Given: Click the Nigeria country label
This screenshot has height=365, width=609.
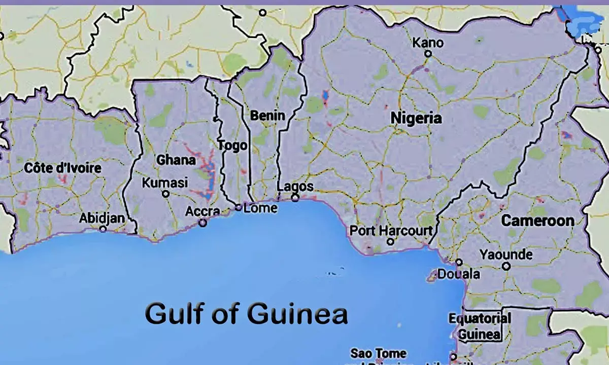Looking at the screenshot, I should coord(416,119).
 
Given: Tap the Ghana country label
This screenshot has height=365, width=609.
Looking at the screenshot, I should coord(176,160).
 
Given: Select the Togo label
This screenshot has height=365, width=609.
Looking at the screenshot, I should coord(233,146).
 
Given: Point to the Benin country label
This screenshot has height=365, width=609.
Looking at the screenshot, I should coord(267,116).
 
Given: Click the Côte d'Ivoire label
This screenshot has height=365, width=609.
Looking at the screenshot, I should coord(63,168).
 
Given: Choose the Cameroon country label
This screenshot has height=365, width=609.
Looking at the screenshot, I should coord(538,221).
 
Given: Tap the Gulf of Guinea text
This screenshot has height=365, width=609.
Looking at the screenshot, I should coord(247,314).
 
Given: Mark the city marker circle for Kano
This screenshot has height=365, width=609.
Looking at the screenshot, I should coord(428,54).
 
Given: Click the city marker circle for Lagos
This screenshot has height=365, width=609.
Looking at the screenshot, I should coord(295,198).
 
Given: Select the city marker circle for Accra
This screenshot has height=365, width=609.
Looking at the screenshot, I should coord(202,223).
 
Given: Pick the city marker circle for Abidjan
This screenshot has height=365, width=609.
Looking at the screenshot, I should coord(103,229).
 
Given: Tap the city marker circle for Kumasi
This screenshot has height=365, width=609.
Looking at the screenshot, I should coord(165,194).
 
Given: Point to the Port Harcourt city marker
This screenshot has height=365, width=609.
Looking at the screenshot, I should coord(390,242).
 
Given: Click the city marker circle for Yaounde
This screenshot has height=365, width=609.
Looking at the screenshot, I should coord(506,266).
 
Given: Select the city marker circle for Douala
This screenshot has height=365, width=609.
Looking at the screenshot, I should coord(459,263).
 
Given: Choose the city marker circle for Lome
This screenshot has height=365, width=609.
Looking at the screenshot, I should coord(239,207).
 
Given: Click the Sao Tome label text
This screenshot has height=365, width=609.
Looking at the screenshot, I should coord(378,353).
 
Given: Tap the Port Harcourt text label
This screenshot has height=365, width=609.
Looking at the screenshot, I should coord(391,231).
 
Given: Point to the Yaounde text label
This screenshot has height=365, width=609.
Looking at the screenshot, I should coord(506,254).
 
